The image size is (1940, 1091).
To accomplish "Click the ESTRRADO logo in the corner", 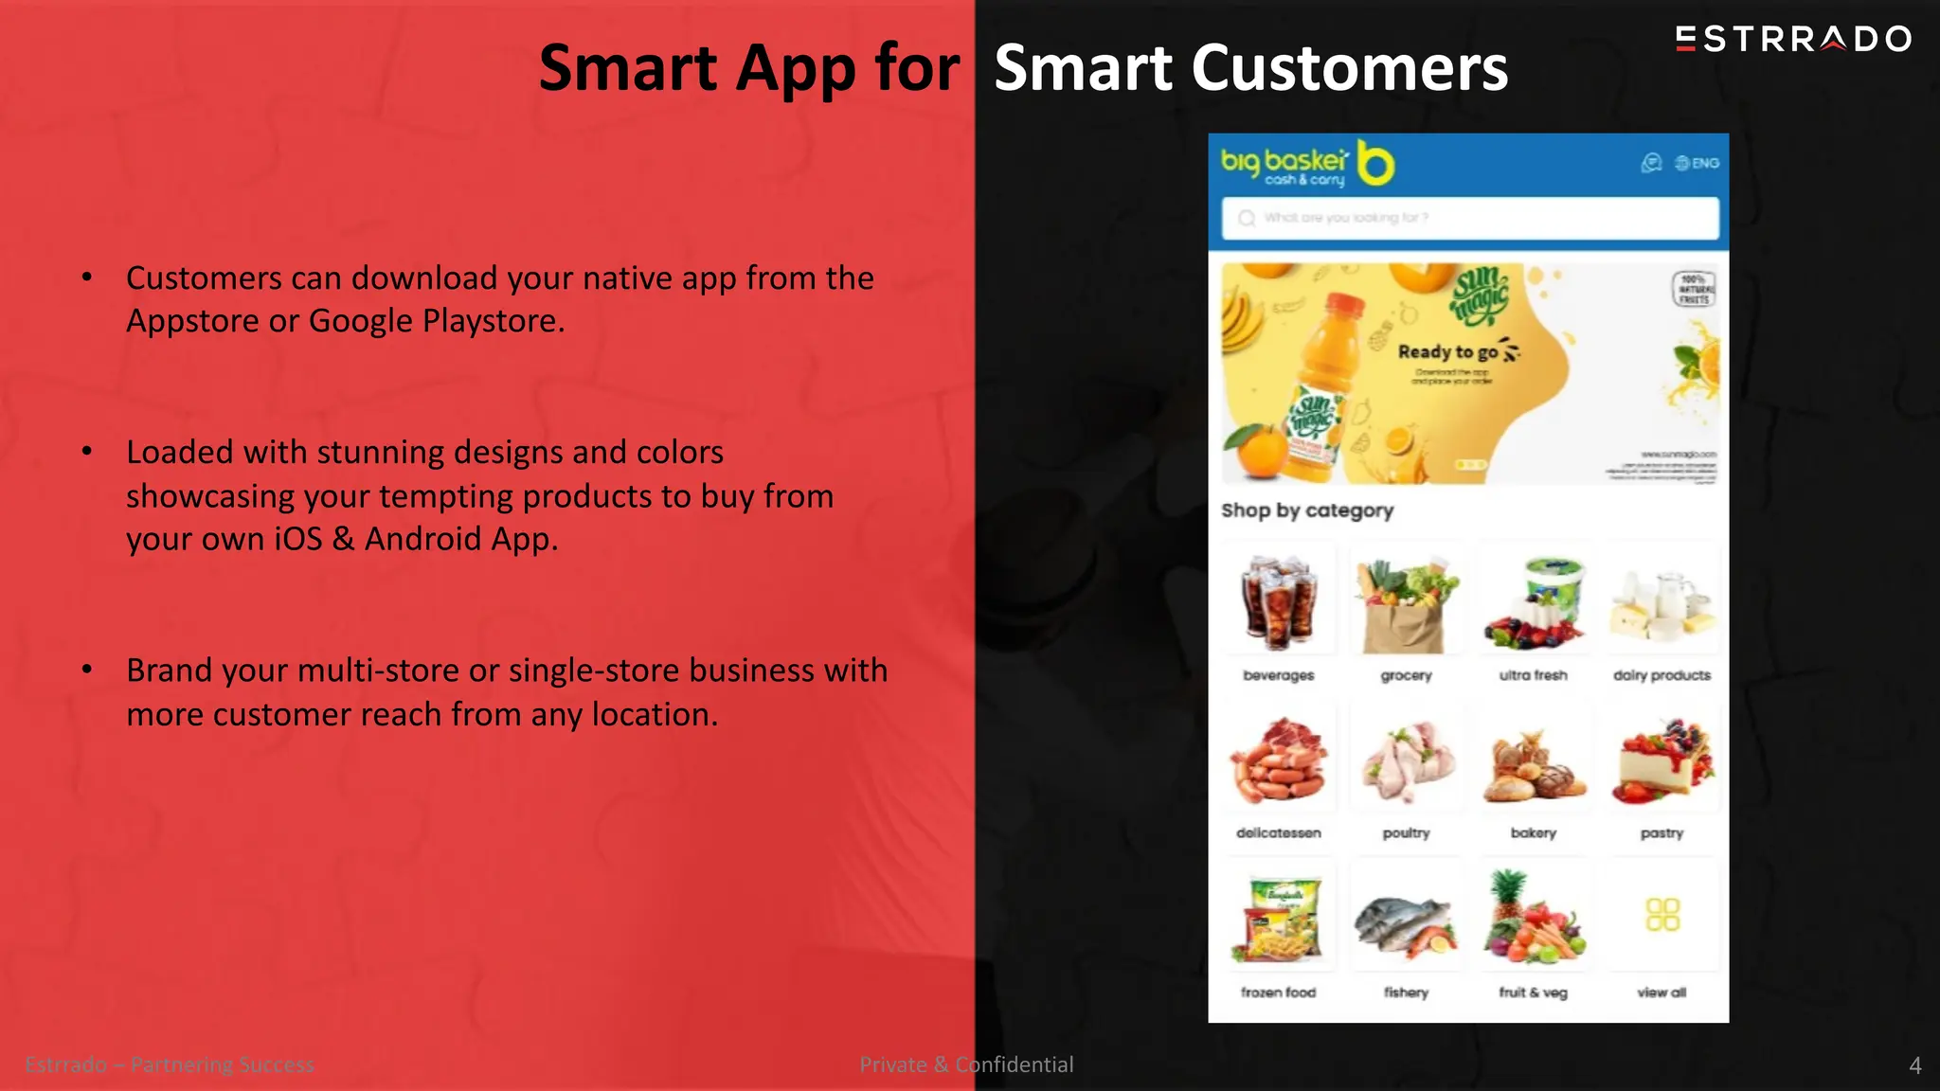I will click(1793, 39).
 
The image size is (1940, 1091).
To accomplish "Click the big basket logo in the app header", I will click(1307, 165).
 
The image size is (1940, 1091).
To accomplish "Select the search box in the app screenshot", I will click(1468, 218).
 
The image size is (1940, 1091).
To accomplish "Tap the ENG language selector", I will click(1697, 163).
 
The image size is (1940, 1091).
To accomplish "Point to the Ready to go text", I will click(1447, 351).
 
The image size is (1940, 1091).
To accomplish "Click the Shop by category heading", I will click(1307, 510).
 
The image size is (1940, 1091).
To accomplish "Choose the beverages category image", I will click(1279, 601).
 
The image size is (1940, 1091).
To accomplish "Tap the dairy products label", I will click(1662, 675).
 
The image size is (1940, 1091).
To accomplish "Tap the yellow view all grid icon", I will click(1662, 915).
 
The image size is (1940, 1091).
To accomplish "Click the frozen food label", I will click(1278, 993).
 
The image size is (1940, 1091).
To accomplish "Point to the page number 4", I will click(1914, 1065).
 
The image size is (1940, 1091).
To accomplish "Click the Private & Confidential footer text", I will click(966, 1064).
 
